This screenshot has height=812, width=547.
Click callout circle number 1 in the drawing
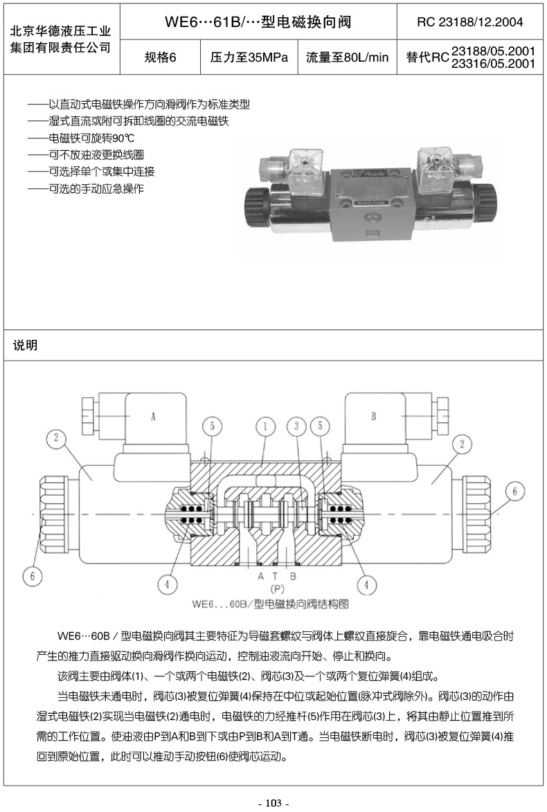(x=264, y=426)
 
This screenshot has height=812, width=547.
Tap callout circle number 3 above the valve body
(x=296, y=426)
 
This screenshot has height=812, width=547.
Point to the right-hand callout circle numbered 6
(x=514, y=491)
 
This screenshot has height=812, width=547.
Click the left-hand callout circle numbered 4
(x=167, y=584)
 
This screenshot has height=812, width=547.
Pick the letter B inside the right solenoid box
(x=373, y=416)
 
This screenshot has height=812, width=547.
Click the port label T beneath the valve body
(x=276, y=576)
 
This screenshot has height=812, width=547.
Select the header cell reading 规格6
(x=161, y=57)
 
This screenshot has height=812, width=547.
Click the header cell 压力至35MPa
(x=249, y=57)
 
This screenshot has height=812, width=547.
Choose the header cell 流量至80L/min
(x=348, y=57)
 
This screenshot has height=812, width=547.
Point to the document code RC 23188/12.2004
(x=470, y=22)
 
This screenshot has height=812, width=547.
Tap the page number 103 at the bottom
(x=273, y=803)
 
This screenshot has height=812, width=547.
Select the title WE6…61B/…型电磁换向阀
(x=258, y=22)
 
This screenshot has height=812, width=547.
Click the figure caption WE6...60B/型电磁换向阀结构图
(x=270, y=604)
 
